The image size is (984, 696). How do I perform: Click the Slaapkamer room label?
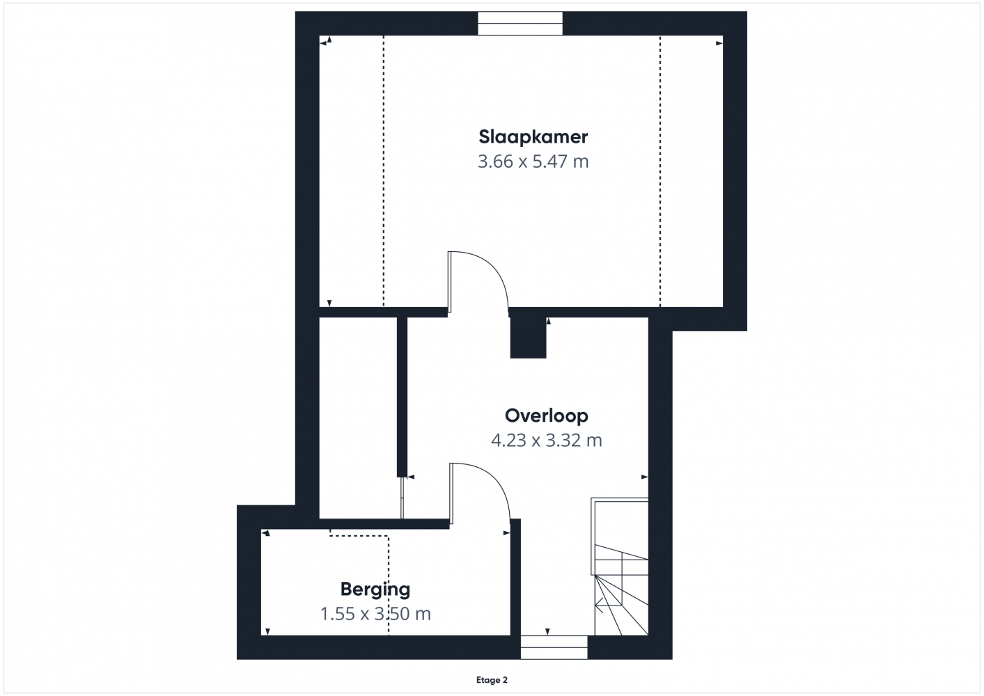pyautogui.click(x=533, y=137)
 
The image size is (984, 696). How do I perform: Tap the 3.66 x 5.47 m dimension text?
pyautogui.click(x=533, y=161)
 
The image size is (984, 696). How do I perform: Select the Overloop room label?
pyautogui.click(x=547, y=416)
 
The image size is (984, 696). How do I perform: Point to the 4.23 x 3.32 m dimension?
pyautogui.click(x=547, y=440)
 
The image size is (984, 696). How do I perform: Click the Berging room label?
pyautogui.click(x=375, y=590)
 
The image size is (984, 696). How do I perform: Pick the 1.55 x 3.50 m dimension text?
pyautogui.click(x=375, y=614)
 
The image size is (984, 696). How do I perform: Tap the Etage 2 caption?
pyautogui.click(x=492, y=680)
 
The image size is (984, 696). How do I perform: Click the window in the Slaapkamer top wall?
pyautogui.click(x=520, y=23)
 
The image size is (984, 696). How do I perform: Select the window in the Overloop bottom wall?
pyautogui.click(x=554, y=647)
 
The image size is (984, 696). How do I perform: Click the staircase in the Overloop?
pyautogui.click(x=619, y=567)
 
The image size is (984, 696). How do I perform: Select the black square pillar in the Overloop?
pyautogui.click(x=528, y=338)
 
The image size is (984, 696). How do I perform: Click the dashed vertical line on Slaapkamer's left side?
pyautogui.click(x=384, y=171)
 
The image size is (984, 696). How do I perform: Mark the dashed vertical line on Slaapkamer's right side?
pyautogui.click(x=659, y=171)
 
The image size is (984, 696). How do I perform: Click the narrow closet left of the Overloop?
pyautogui.click(x=358, y=418)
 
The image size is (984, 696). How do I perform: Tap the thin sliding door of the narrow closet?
pyautogui.click(x=402, y=498)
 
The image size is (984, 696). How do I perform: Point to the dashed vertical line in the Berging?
pyautogui.click(x=389, y=585)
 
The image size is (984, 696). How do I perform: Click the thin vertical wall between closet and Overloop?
pyautogui.click(x=402, y=397)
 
